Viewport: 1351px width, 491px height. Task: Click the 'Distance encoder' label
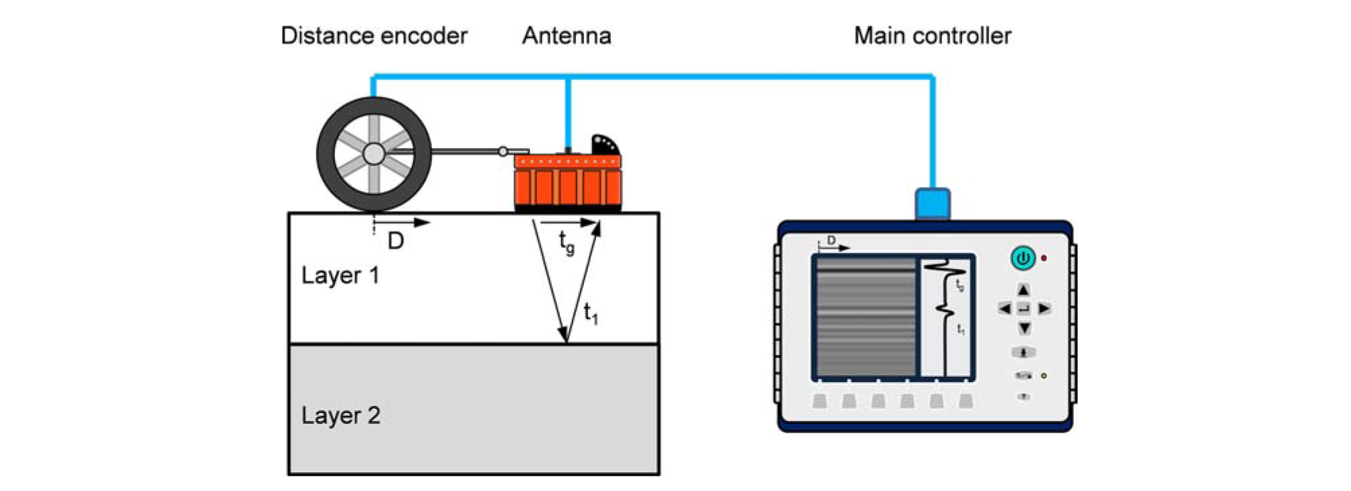click(373, 36)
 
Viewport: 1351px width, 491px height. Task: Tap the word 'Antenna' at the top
click(567, 36)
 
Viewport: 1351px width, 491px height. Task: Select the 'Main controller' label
click(933, 36)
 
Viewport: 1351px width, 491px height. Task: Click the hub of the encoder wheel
click(373, 154)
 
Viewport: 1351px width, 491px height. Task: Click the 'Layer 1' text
click(340, 275)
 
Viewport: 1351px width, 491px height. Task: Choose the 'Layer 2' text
click(340, 415)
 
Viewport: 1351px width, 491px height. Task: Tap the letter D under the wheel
click(396, 241)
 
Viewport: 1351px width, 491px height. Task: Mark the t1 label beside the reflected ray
click(591, 313)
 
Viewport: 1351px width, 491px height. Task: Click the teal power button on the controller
click(1023, 258)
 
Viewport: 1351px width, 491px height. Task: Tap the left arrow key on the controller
click(1005, 309)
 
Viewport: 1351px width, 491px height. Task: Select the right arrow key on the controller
click(1044, 309)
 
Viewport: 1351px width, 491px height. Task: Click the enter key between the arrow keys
click(1023, 309)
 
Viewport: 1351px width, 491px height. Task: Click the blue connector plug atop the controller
click(933, 204)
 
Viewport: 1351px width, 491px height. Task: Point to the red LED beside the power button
click(1044, 258)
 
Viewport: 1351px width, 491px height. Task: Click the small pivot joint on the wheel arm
click(503, 151)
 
